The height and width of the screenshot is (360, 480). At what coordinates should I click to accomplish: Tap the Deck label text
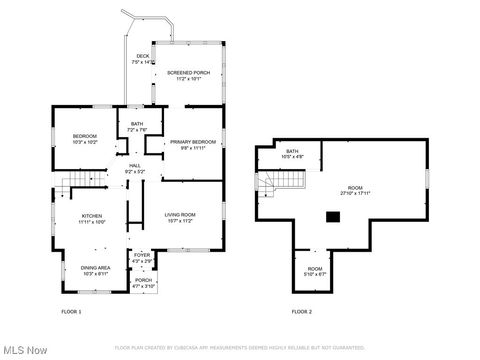pos(143,56)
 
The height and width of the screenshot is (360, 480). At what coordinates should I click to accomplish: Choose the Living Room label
pos(180,214)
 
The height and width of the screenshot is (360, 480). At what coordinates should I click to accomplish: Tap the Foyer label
pos(142,256)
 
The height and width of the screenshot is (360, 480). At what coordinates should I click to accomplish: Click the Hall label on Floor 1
pos(134,166)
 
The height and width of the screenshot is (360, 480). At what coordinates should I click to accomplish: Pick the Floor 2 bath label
pos(292,152)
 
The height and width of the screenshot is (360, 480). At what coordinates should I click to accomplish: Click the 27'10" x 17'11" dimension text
pos(355,194)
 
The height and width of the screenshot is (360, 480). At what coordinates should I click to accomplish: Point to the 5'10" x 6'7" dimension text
pos(315,274)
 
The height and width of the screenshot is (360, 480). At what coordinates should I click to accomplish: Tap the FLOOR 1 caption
pos(72,312)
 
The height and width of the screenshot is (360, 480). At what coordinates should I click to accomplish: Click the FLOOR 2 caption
pos(301,312)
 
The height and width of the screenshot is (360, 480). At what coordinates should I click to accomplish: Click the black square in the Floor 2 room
pos(333,215)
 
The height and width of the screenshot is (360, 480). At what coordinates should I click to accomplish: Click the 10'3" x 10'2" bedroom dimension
pos(84,142)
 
